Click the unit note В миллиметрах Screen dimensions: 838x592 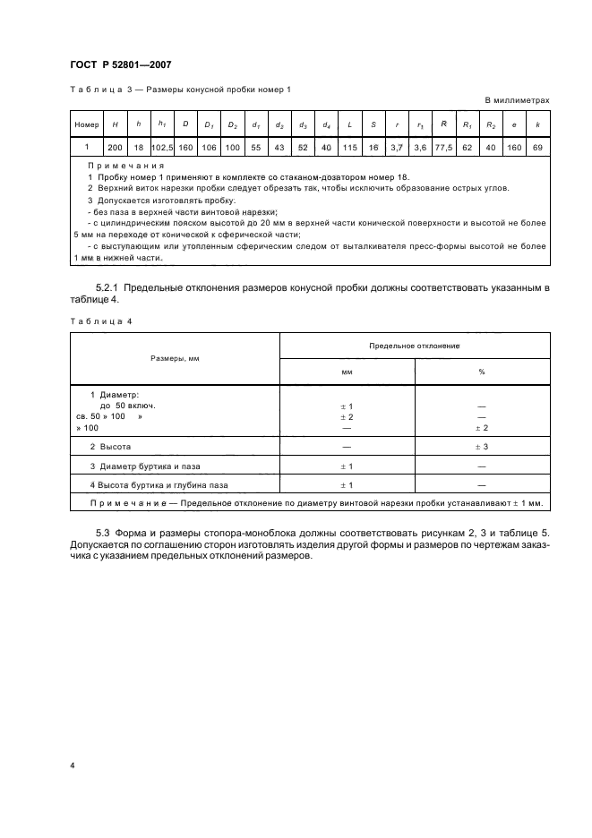[x=517, y=100]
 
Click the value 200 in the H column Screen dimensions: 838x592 [x=115, y=145]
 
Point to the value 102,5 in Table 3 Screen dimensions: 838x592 [x=162, y=145]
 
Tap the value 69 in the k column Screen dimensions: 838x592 [x=537, y=145]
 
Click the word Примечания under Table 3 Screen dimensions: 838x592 [x=121, y=166]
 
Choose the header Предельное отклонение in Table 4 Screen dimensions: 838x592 [x=415, y=344]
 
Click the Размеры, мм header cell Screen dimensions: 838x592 [x=175, y=357]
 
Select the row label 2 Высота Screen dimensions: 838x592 [x=111, y=445]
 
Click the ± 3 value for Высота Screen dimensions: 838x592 [x=482, y=445]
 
